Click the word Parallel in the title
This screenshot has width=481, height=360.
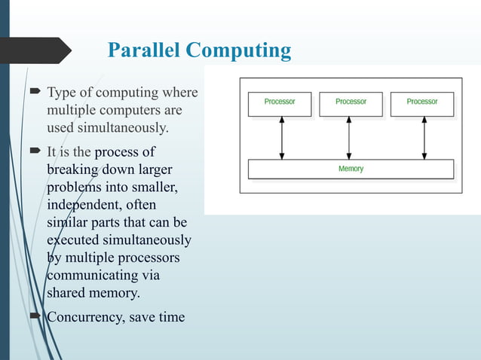pyautogui.click(x=144, y=50)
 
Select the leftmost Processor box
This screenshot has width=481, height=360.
pyautogui.click(x=280, y=104)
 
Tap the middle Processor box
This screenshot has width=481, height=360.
pyautogui.click(x=351, y=104)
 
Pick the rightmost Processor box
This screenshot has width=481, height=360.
pyautogui.click(x=421, y=104)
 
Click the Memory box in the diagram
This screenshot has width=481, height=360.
pyautogui.click(x=351, y=169)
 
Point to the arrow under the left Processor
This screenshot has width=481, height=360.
pyautogui.click(x=281, y=138)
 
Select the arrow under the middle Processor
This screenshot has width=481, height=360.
pyautogui.click(x=348, y=138)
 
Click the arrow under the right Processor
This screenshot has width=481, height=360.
pyautogui.click(x=424, y=138)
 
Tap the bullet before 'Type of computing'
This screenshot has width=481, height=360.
pyautogui.click(x=35, y=93)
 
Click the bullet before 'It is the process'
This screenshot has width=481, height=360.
pyautogui.click(x=35, y=152)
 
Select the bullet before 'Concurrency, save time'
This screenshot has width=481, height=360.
pyautogui.click(x=35, y=316)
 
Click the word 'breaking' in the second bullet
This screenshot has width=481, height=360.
pyautogui.click(x=73, y=170)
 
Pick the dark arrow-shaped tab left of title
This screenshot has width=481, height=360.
pyautogui.click(x=38, y=50)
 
